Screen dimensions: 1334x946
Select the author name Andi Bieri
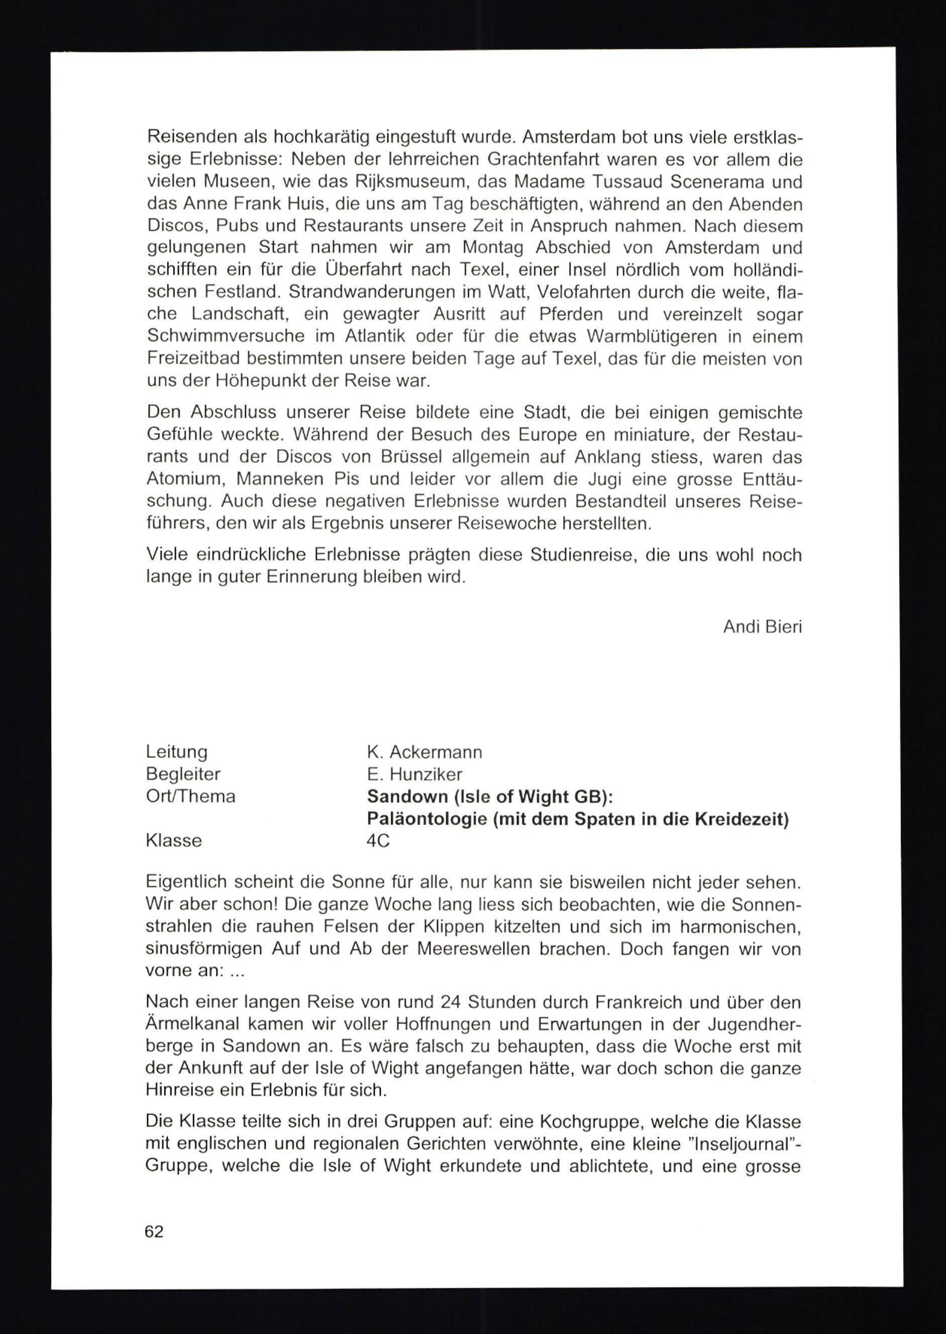click(x=762, y=626)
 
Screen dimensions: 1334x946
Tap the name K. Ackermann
click(x=424, y=752)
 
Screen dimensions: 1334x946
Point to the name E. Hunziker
click(x=414, y=774)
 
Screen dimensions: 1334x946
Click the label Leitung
click(x=176, y=752)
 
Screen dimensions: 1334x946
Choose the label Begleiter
click(x=183, y=774)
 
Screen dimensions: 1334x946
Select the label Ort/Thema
click(x=191, y=796)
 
